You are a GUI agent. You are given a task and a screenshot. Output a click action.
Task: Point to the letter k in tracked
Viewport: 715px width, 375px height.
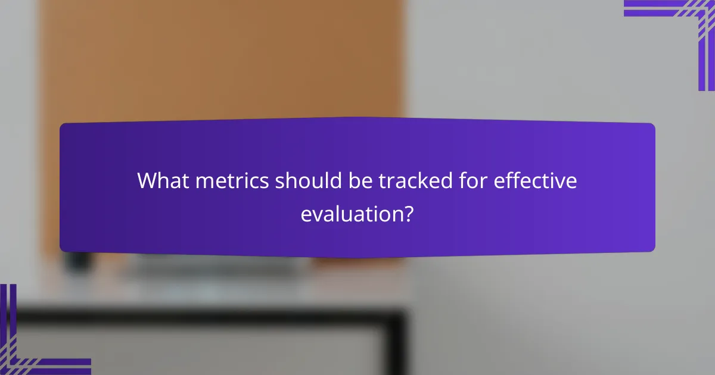[x=424, y=180]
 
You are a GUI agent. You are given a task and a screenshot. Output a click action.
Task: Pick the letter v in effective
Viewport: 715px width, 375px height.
[x=562, y=182]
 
